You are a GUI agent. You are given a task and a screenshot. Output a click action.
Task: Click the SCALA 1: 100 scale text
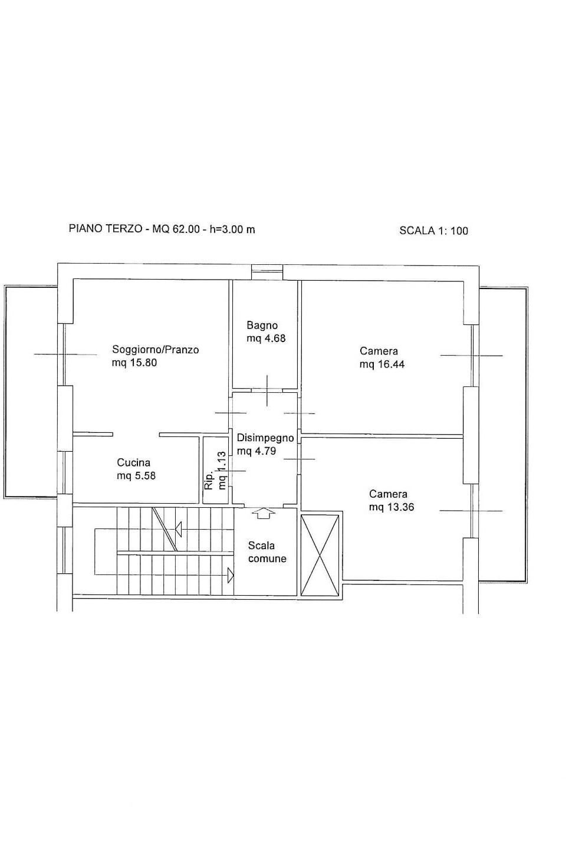point(433,231)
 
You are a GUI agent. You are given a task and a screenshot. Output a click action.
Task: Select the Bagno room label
point(262,325)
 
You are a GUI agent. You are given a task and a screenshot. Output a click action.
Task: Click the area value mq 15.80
point(134,363)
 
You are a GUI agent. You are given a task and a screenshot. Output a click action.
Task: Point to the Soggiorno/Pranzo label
point(155,350)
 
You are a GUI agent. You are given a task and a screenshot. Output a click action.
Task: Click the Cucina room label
point(133,463)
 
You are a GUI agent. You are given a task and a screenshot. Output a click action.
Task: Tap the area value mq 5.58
point(136,475)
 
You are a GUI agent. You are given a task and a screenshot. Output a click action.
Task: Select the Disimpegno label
point(265,438)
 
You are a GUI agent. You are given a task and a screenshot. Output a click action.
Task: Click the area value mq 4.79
point(256,451)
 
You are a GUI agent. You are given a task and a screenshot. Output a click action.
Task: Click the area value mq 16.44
point(382,364)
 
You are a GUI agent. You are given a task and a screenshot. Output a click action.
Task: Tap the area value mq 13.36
point(392,507)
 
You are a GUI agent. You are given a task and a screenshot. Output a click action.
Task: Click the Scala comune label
point(267,552)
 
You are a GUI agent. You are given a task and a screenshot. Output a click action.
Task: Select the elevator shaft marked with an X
point(320,555)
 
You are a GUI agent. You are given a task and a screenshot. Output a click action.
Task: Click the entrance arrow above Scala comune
point(264,514)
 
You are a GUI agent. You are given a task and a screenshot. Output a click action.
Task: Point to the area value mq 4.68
point(266,338)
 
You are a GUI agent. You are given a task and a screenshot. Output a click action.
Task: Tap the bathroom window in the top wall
point(267,272)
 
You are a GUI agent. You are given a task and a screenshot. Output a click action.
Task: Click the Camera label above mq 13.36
point(388,494)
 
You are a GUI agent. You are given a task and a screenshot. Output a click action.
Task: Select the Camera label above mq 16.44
point(379,351)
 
